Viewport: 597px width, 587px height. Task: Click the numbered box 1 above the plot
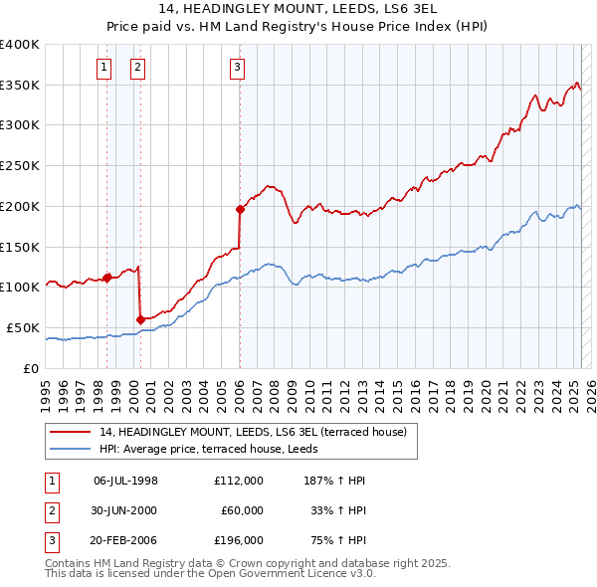(x=104, y=68)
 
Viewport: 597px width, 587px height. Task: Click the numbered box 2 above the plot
(x=136, y=68)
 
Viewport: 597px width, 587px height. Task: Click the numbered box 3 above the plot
(x=238, y=68)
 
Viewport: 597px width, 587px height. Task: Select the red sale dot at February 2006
(x=240, y=209)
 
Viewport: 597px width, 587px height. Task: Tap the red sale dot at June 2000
(x=140, y=319)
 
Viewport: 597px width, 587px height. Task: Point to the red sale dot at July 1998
(x=106, y=278)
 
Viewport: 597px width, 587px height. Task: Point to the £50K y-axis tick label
(x=24, y=327)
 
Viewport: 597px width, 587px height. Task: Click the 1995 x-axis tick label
(x=45, y=387)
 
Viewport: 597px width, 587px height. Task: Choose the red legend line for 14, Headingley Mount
(x=71, y=433)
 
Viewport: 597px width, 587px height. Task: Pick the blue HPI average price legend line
(x=71, y=449)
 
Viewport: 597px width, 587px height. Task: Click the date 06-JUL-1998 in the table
(x=125, y=481)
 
